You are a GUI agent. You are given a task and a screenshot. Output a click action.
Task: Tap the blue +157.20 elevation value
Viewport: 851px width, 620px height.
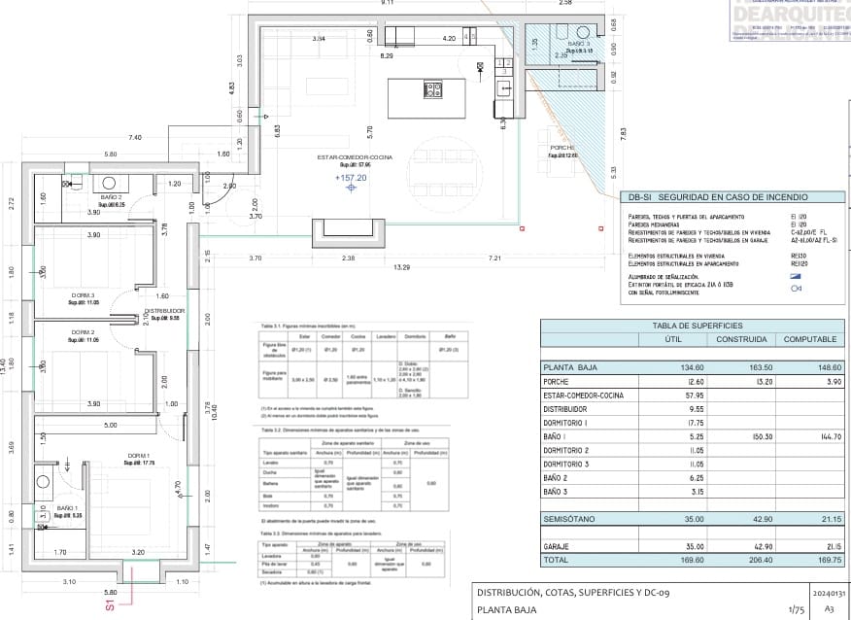[351, 178]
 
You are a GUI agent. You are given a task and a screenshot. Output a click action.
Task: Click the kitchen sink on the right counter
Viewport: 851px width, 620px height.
[504, 88]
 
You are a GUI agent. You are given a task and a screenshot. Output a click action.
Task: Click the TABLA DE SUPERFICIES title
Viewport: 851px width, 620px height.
[698, 326]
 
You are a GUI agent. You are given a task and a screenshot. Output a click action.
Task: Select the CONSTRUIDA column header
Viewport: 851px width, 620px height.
[741, 339]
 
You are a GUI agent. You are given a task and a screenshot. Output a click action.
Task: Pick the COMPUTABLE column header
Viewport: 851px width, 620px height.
[810, 339]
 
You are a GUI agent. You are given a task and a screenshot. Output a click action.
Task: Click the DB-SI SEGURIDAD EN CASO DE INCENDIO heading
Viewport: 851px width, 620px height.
[710, 197]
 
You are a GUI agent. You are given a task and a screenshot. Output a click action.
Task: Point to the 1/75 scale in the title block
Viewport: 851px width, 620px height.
[768, 610]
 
